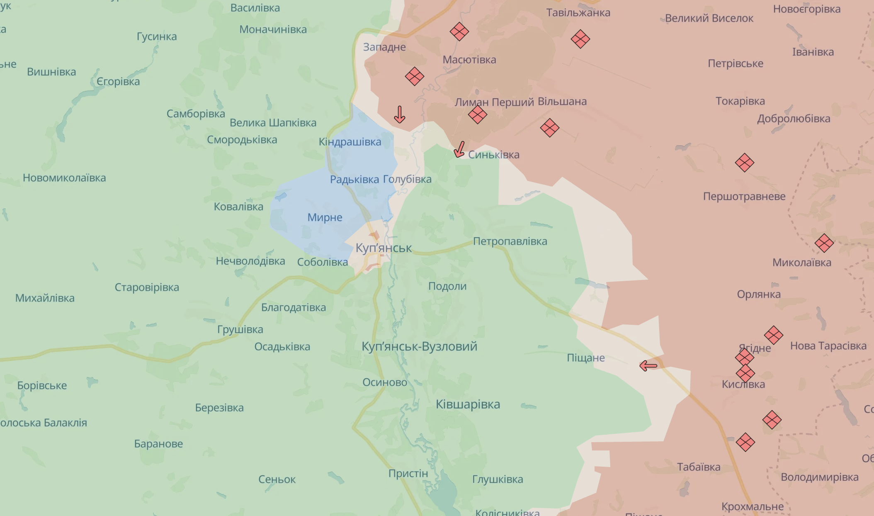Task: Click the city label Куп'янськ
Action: pos(384,248)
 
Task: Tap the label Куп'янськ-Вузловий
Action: pos(419,346)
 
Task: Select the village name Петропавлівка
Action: pos(510,241)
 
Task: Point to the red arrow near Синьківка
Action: pos(459,149)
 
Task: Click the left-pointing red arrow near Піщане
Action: pos(648,366)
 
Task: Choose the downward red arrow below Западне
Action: pos(400,114)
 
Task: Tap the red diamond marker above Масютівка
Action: pos(459,32)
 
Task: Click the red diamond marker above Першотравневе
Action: pos(744,163)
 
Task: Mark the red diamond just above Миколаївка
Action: pos(824,243)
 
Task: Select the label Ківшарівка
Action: pos(468,404)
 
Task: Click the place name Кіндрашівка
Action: pos(350,142)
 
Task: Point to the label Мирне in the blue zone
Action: pos(325,217)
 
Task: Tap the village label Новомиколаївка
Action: pos(64,178)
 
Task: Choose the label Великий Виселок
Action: pos(709,18)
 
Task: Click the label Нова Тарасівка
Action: pos(828,346)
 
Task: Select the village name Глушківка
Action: pos(498,479)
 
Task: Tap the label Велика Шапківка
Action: pos(273,123)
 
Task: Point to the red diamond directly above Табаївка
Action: pos(745,442)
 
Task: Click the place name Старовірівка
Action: pos(147,287)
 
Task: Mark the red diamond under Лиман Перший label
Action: pos(477,114)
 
